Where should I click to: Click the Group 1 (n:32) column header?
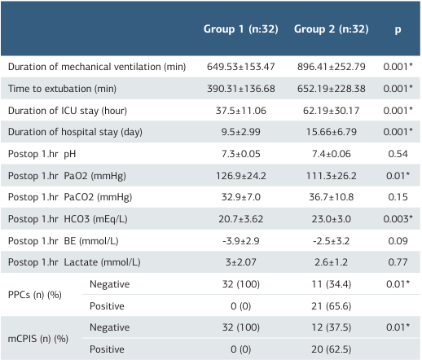(241, 29)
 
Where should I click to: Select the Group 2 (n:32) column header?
(331, 29)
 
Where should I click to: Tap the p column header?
(398, 29)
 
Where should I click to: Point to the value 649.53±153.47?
(241, 65)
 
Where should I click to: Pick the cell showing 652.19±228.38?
(331, 87)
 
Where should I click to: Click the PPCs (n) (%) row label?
(37, 295)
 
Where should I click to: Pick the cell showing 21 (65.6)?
(331, 306)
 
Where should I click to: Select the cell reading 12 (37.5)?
(331, 327)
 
